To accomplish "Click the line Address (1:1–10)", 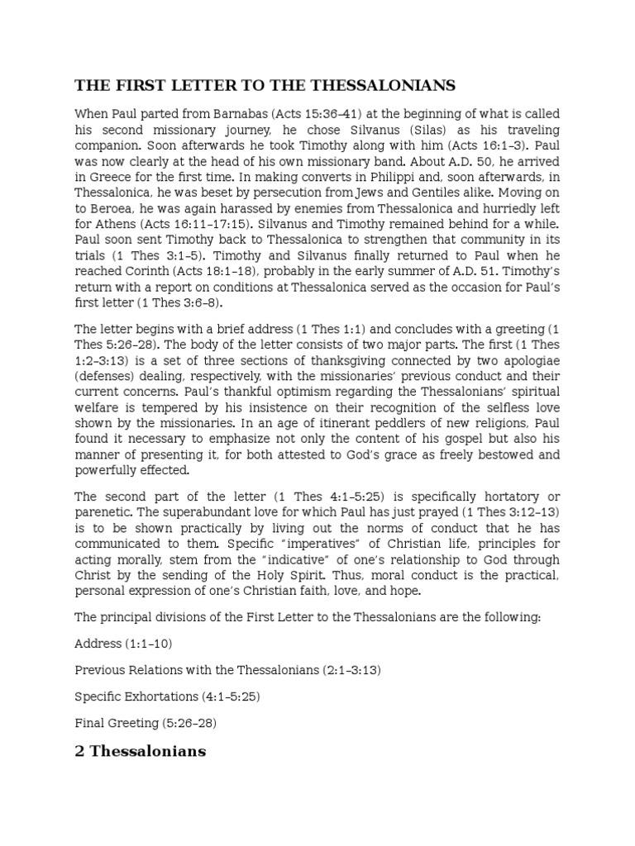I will tap(123, 643).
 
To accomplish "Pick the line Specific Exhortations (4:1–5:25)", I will tap(167, 696).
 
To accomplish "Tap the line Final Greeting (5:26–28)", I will tap(146, 723).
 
